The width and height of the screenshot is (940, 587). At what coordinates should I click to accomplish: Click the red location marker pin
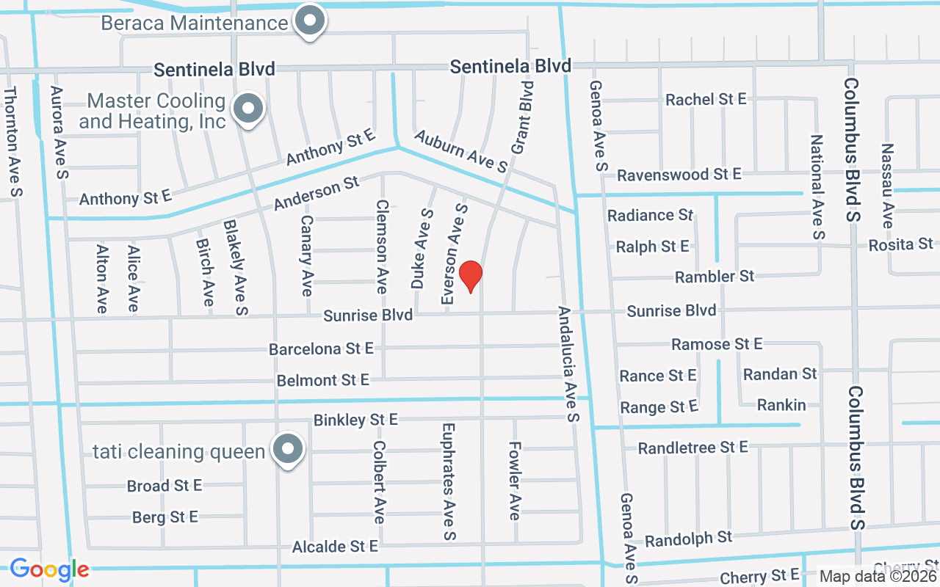pos(471,276)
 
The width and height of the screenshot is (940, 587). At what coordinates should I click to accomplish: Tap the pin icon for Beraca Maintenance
pos(310,21)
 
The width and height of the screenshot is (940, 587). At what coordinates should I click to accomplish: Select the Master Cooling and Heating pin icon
pos(248,110)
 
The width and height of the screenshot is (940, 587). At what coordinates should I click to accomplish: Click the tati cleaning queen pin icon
pos(288,449)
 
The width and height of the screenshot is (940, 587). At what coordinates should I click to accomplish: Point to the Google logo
pos(49,569)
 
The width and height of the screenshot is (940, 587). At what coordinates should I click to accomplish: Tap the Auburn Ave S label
pos(460,151)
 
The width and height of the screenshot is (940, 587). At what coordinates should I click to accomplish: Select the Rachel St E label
pos(705,99)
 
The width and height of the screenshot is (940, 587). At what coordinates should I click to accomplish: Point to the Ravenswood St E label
pos(679,175)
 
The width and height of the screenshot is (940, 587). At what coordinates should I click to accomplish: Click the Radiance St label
pos(650,215)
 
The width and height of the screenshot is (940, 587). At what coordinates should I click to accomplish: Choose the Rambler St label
pos(714,277)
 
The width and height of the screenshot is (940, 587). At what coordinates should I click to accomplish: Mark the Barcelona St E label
pos(321,349)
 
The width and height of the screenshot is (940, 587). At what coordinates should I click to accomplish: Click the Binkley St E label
pos(355,420)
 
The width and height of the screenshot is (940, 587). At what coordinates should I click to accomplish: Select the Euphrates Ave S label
pos(448,482)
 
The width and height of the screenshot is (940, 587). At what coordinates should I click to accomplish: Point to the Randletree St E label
pos(692,448)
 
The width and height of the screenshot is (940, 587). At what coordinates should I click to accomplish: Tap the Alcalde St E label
pos(335,547)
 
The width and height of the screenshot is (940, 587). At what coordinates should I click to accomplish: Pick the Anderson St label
pos(317,193)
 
